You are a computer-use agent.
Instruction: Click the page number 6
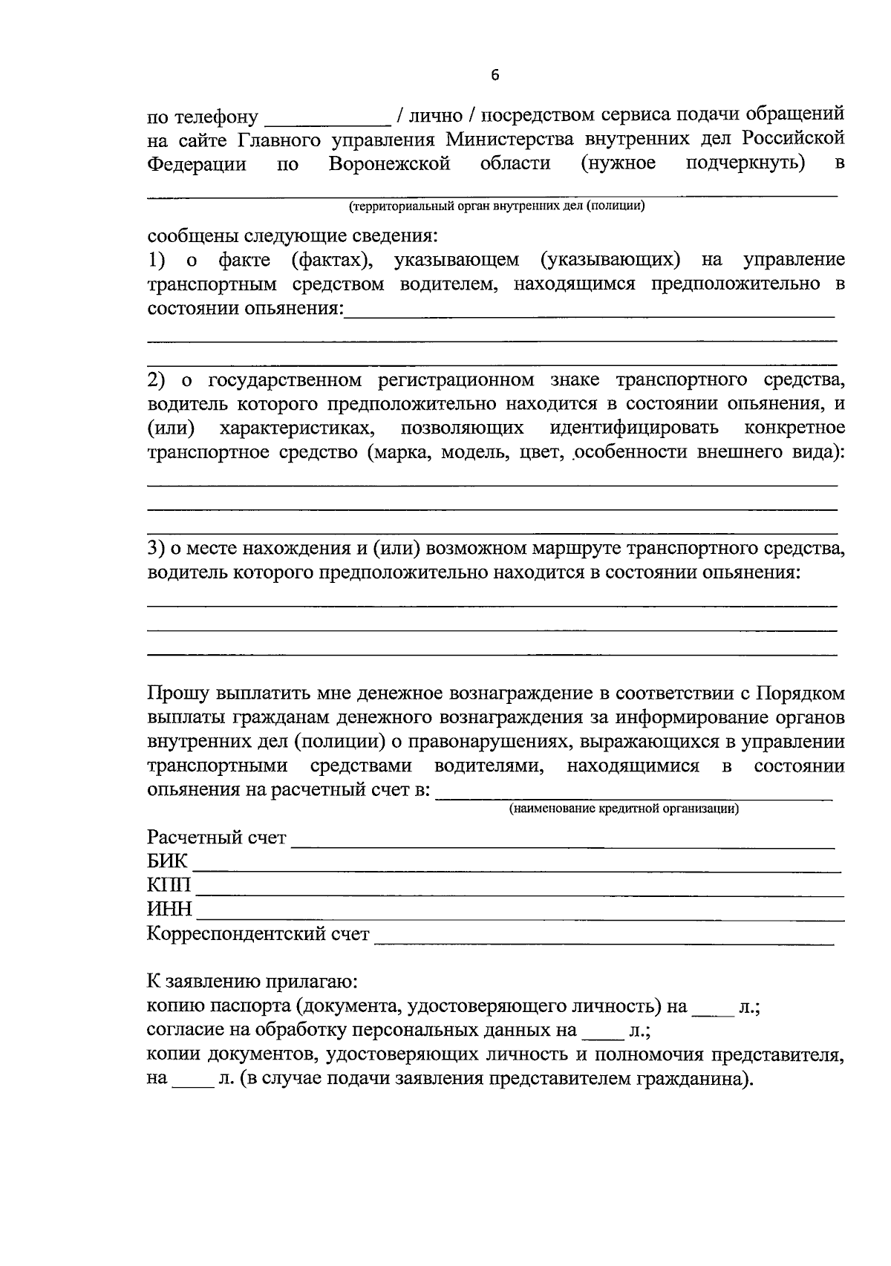(x=495, y=75)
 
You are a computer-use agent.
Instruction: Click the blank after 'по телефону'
(x=327, y=119)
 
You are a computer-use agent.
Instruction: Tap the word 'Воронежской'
(x=390, y=163)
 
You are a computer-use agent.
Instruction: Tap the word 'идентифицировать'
(x=634, y=428)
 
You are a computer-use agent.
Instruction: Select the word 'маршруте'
(x=580, y=549)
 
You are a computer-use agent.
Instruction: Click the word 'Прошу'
(x=178, y=694)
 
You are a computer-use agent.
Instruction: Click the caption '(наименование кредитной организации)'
(x=624, y=809)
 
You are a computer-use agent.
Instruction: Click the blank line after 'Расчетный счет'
(x=563, y=842)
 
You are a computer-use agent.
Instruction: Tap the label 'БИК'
(x=167, y=862)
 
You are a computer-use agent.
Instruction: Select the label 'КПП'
(x=169, y=886)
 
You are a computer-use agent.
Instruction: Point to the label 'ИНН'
(x=169, y=910)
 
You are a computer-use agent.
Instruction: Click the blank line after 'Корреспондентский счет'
(x=604, y=939)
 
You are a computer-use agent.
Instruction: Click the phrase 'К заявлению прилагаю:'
(x=252, y=982)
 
